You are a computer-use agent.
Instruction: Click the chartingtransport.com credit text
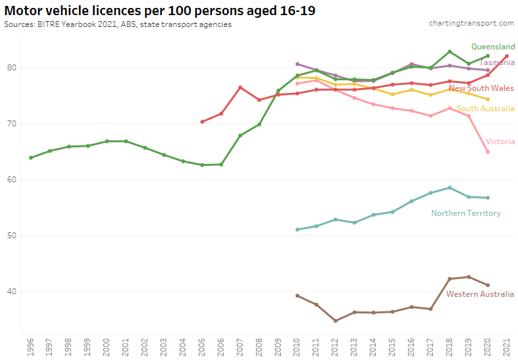471,23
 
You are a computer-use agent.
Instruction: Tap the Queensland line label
493,47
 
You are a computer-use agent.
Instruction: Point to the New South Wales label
481,88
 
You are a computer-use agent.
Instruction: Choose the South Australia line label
485,109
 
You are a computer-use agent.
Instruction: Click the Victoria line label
500,141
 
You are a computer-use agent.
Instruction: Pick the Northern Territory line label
465,213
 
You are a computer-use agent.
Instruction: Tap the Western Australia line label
480,294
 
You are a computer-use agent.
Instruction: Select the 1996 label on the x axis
30,347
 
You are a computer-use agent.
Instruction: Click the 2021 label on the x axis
506,347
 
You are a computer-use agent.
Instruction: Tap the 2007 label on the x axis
240,347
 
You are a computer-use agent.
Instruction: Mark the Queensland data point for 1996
31,158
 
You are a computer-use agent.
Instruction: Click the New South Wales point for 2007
240,88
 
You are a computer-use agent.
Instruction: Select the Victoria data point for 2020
488,152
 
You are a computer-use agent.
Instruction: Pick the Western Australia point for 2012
336,321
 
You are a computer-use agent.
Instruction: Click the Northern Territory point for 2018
450,188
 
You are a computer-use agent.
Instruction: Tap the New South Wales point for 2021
506,57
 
